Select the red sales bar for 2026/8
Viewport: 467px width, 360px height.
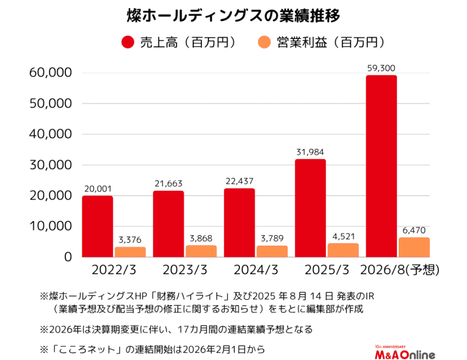(381, 166)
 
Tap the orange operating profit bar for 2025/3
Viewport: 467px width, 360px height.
(343, 250)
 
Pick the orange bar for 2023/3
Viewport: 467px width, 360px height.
(201, 251)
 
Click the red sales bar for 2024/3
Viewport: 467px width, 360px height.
(239, 222)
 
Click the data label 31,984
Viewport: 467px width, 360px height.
(310, 152)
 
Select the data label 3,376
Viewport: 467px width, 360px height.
(130, 240)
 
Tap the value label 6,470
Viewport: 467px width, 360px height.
(414, 230)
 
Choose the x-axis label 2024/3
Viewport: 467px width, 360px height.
(255, 271)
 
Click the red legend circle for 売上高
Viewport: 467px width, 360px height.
(127, 43)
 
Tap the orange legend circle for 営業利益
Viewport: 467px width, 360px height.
(264, 43)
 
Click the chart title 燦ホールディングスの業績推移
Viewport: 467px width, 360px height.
(233, 14)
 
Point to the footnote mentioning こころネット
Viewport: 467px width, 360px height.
(152, 350)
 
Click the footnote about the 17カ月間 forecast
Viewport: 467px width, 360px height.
(176, 329)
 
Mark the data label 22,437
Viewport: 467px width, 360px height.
(239, 181)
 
